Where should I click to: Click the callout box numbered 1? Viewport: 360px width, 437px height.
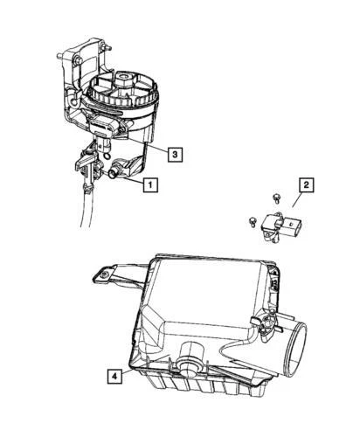(151, 184)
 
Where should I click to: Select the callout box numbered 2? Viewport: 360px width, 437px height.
(306, 185)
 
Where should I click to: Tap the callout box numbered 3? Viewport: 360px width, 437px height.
(175, 155)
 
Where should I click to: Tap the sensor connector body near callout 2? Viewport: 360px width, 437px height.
(288, 229)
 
